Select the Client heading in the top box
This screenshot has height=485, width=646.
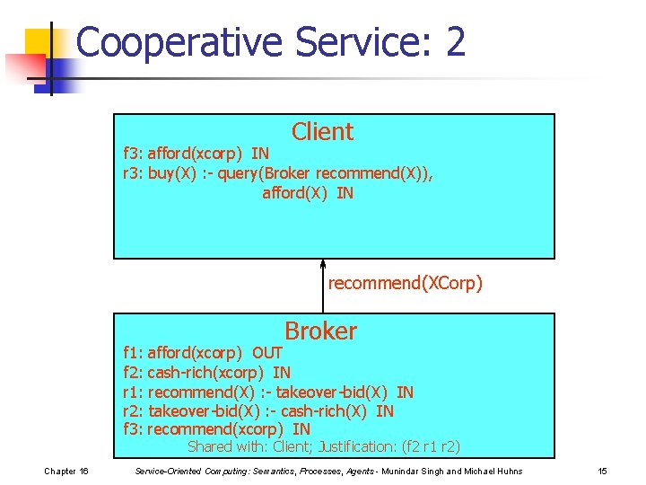coord(322,132)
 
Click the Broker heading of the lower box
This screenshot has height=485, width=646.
coord(320,331)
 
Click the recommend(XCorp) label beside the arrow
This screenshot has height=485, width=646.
coord(405,284)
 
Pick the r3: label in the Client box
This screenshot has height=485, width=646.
coord(133,173)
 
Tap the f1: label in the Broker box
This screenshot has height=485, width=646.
coord(133,353)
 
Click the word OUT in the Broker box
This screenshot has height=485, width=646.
coord(267,353)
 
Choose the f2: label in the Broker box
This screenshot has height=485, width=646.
coord(133,373)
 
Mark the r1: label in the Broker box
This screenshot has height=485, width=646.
coord(133,392)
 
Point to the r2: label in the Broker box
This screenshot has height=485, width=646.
coord(133,411)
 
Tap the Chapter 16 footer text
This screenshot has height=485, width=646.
coord(66,472)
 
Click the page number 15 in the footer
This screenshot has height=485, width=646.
coord(602,472)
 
